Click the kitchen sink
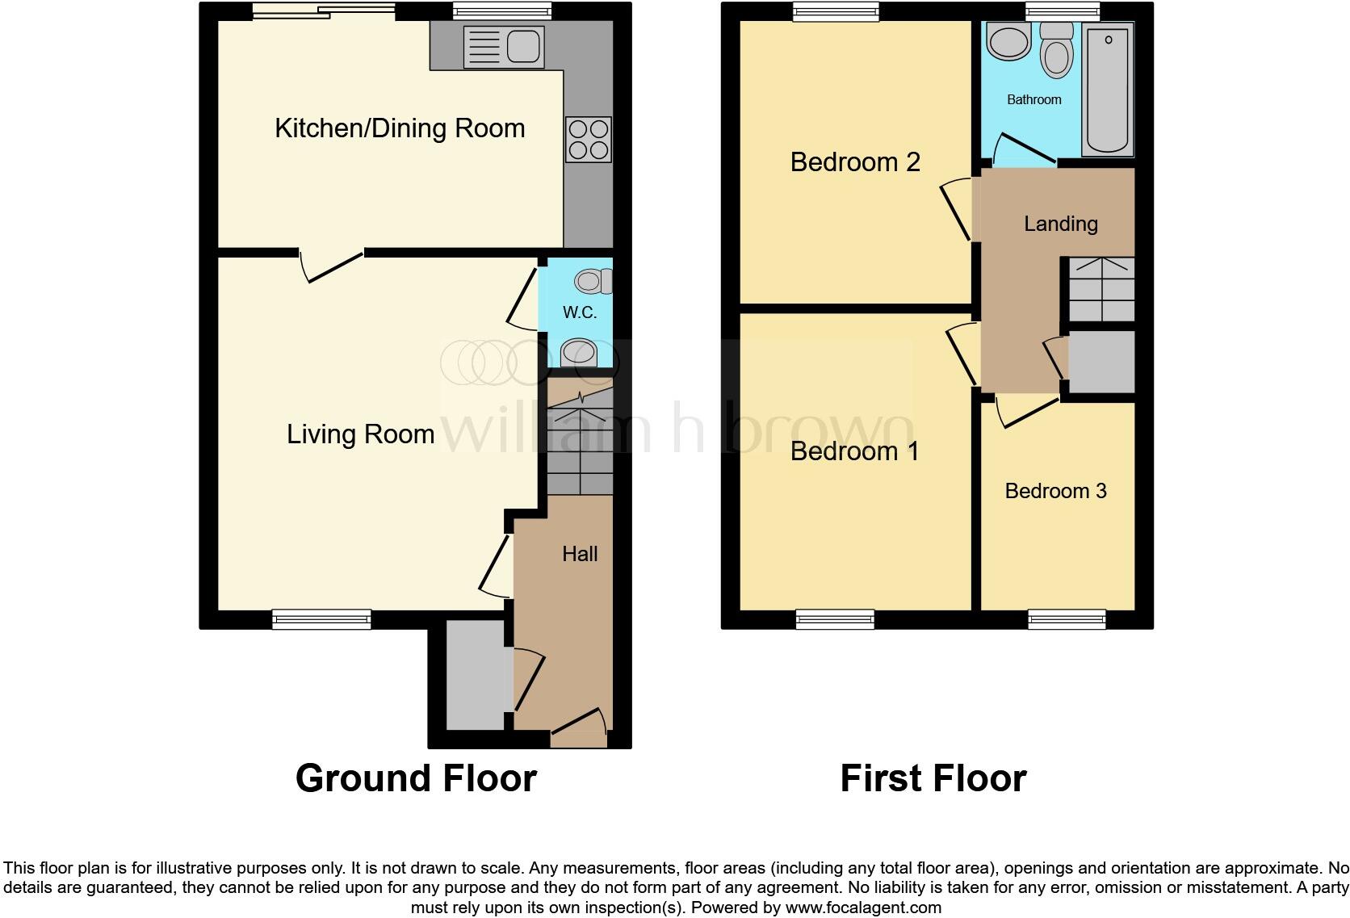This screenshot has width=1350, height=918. click(x=502, y=47)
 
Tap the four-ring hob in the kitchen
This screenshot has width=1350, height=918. click(x=589, y=140)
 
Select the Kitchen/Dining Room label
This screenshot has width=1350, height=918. click(x=400, y=128)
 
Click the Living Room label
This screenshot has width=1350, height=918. click(x=360, y=434)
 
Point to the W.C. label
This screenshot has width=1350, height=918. click(x=580, y=312)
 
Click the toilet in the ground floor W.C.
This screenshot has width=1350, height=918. click(x=593, y=281)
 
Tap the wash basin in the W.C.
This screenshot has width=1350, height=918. click(x=578, y=353)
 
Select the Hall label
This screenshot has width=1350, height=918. click(x=580, y=554)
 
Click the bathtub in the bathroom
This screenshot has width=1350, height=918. click(x=1108, y=89)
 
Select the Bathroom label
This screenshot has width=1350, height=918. click(x=1033, y=100)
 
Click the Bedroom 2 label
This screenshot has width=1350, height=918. click(x=854, y=162)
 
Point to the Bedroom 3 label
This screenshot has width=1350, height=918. click(x=1055, y=491)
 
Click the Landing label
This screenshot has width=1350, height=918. click(x=1060, y=224)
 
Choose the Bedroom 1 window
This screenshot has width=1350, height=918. click(x=835, y=620)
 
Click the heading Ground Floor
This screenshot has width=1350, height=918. click(x=416, y=778)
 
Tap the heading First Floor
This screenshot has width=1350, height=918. click(x=933, y=778)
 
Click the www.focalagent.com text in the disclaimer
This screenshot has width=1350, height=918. click(x=863, y=908)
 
